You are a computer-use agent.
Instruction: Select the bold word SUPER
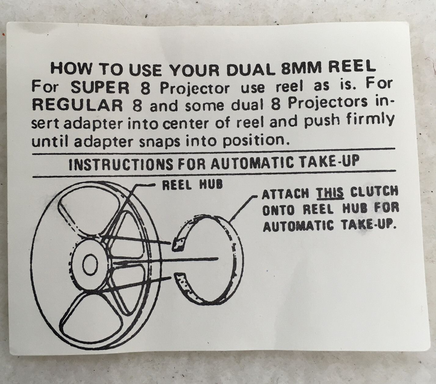tap(100, 87)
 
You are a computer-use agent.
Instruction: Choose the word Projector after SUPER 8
tap(195, 88)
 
